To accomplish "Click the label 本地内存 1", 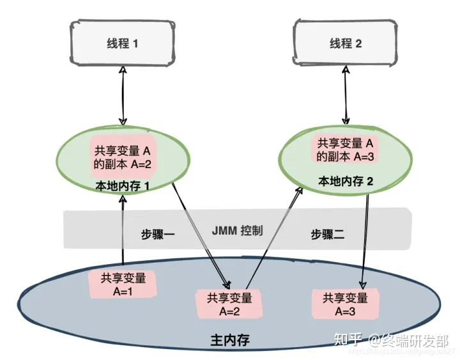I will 122,186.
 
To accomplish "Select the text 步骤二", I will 328,234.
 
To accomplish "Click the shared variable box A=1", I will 123,284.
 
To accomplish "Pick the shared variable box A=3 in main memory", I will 346,304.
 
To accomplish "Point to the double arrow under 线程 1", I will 123,96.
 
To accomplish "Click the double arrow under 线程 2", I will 346,93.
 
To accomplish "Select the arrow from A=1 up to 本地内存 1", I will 122,230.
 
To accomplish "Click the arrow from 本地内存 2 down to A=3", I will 365,237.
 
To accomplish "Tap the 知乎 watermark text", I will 350,340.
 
